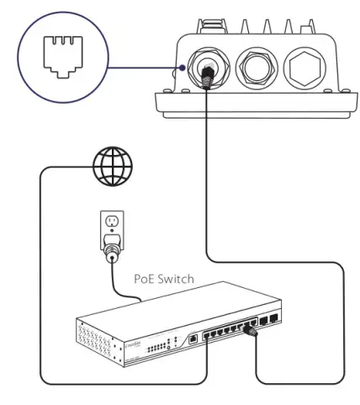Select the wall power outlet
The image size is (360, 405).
(111, 225)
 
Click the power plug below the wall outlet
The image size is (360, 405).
(111, 250)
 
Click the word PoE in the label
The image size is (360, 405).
(146, 277)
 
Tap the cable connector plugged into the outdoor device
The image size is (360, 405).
(206, 77)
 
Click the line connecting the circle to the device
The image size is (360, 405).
(143, 67)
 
